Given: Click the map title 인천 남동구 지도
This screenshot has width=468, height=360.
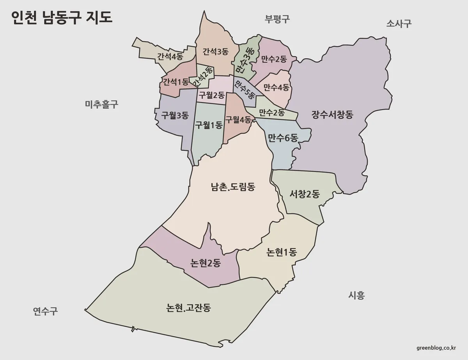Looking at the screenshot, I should [x=62, y=18].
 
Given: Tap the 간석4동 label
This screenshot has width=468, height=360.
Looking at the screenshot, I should [x=170, y=56].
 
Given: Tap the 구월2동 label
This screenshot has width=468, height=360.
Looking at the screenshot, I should [x=211, y=94].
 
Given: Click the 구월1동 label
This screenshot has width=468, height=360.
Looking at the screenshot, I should [x=209, y=125].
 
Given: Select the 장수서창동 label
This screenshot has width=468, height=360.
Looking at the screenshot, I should [x=333, y=115].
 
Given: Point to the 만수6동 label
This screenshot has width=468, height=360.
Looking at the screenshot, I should [x=283, y=137].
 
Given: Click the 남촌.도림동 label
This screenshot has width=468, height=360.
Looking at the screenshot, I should [x=233, y=187].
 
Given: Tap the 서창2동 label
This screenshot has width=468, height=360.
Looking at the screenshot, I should [x=305, y=194].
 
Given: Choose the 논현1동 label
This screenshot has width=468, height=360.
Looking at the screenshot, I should [x=282, y=252].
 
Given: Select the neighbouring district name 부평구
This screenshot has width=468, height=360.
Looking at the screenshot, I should [x=277, y=19].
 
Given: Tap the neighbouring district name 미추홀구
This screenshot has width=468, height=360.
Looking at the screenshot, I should [x=101, y=104].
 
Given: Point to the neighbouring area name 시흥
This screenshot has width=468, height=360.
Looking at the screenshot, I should [x=356, y=295].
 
